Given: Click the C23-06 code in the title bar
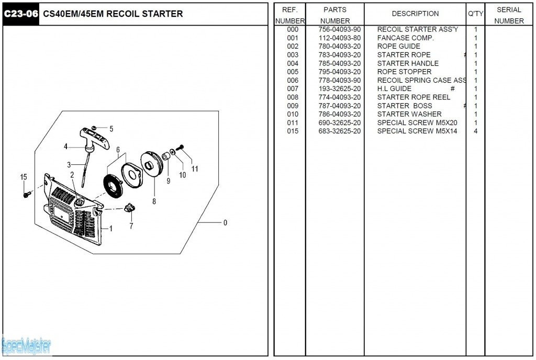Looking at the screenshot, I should [21, 14].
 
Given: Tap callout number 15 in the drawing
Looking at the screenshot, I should [24, 177].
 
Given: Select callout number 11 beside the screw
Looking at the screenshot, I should [195, 168].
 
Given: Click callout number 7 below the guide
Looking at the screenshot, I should [131, 226].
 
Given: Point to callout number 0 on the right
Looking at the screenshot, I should [225, 223].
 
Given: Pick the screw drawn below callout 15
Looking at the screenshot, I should [26, 195].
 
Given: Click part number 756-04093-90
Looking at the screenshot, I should [340, 29].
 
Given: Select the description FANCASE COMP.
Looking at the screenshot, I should [406, 38].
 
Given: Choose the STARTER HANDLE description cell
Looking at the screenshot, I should [408, 63].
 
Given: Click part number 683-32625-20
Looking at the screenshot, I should [340, 131].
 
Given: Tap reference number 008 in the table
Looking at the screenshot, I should [293, 97].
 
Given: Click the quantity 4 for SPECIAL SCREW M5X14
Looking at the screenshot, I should [475, 131].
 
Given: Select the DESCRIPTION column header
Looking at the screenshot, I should [415, 14].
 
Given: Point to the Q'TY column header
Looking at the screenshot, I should [475, 14].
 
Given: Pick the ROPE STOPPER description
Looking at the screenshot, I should [405, 72].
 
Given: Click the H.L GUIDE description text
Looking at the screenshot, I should [394, 89].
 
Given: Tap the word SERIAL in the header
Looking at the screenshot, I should [509, 9].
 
